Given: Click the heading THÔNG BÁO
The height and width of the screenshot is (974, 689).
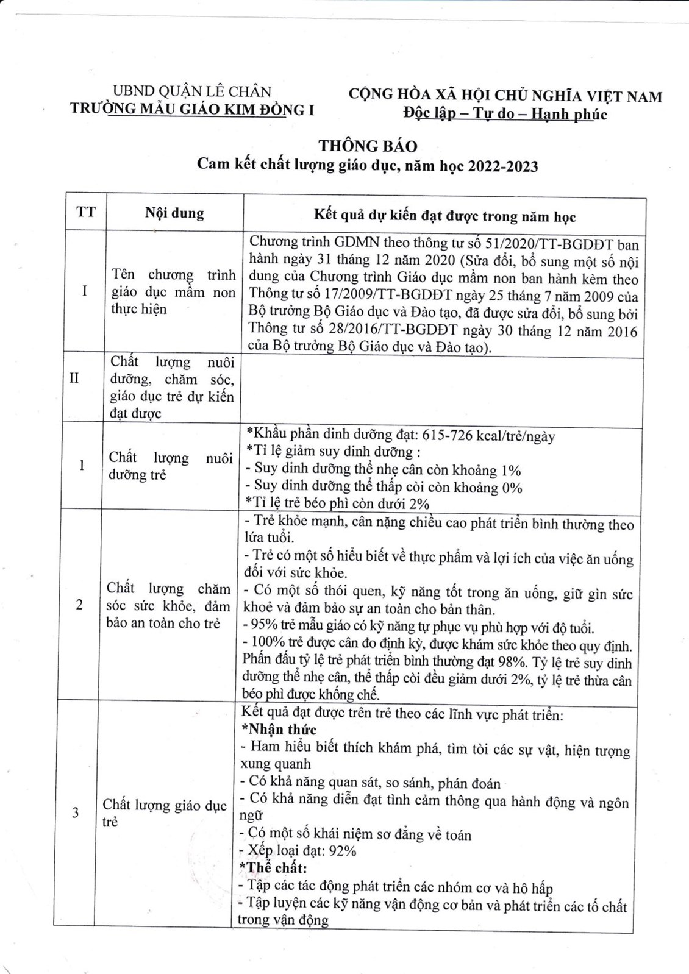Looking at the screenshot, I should click(x=368, y=146).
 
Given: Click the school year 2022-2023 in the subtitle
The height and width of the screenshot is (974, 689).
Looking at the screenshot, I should click(x=503, y=166).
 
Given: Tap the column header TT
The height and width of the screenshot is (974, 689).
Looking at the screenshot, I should click(x=86, y=212).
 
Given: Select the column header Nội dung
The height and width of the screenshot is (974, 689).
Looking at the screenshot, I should click(x=174, y=213).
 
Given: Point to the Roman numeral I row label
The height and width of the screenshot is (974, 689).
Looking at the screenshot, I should click(x=85, y=291).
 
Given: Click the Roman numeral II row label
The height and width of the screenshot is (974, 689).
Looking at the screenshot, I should click(x=74, y=379).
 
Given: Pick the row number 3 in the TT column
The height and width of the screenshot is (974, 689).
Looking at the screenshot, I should click(x=76, y=812).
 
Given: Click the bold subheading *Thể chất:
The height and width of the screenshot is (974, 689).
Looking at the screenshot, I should click(x=276, y=868).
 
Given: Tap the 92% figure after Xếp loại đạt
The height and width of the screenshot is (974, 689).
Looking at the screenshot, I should click(x=342, y=851).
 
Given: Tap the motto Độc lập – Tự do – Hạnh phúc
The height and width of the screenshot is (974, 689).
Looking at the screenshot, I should click(x=505, y=114).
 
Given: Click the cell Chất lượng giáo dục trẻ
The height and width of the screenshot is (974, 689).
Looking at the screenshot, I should click(x=165, y=813).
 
